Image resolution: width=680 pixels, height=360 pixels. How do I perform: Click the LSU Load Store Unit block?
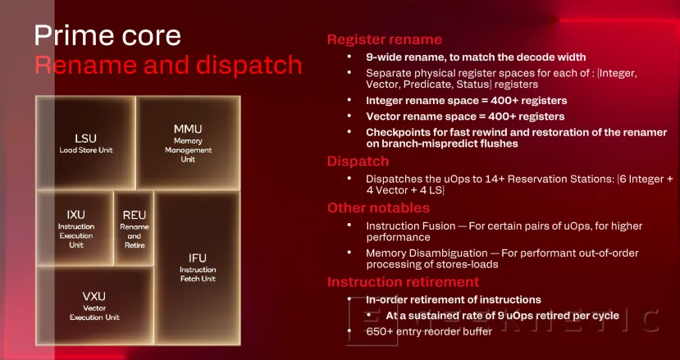pos(85,143)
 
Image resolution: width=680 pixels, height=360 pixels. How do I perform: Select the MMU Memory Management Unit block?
pos(187,143)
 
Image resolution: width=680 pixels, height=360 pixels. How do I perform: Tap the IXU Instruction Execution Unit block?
pos(75,227)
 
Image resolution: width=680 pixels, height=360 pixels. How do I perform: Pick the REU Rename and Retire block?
pos(134,227)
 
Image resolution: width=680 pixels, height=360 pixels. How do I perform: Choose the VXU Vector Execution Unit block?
pos(94,304)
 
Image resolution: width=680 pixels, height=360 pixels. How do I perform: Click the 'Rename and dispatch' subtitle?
pos(167,65)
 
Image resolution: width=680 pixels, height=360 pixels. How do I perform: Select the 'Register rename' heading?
pos(384,39)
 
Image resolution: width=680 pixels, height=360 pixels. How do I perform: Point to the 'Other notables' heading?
pos(378,207)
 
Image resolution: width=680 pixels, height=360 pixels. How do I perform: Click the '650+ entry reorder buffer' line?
pos(429,331)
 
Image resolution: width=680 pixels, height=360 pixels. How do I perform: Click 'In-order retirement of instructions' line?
pos(453,299)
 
